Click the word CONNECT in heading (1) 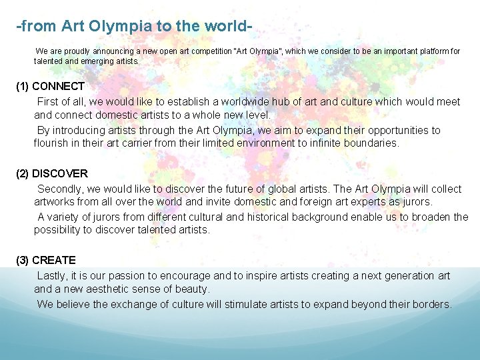pos(58,86)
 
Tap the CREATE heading pos(54,260)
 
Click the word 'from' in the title pos(39,27)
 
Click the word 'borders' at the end pos(431,304)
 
